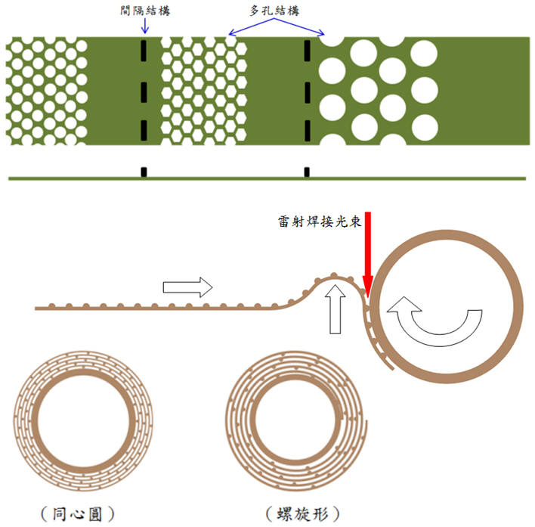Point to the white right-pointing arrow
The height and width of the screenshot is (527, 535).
click(x=187, y=287)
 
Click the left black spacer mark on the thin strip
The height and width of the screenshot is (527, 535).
click(x=144, y=172)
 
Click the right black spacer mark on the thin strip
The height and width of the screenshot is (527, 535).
click(x=307, y=172)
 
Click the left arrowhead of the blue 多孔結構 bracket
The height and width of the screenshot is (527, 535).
click(x=230, y=35)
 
